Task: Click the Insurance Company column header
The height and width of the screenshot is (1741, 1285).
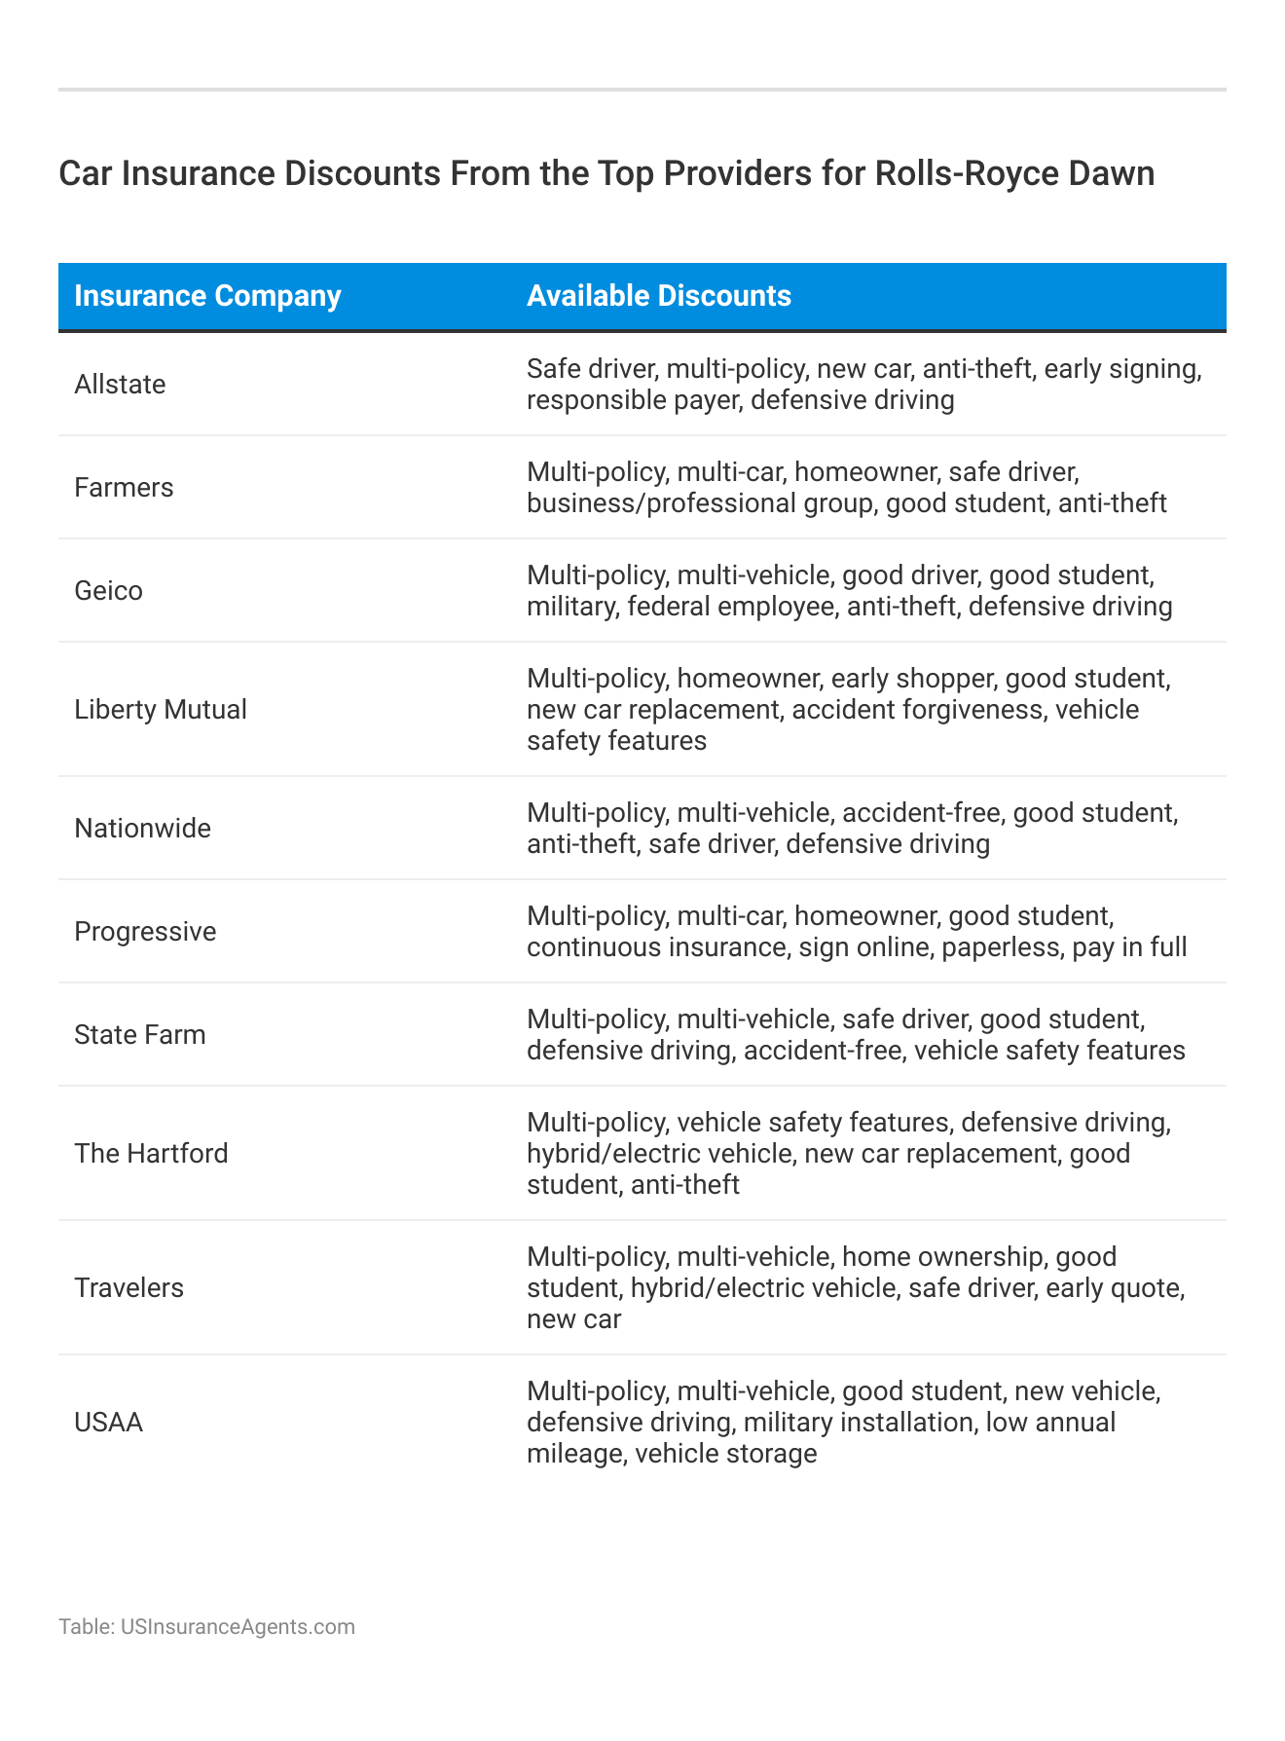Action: click(207, 296)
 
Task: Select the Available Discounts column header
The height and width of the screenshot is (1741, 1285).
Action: click(658, 296)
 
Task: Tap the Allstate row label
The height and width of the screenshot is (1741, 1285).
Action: click(120, 385)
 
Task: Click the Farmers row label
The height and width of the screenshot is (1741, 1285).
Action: click(124, 488)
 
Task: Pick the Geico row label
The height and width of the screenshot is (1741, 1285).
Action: click(108, 591)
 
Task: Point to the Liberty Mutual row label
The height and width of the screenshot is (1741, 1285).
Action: click(161, 710)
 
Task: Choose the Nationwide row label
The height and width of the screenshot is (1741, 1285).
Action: click(142, 829)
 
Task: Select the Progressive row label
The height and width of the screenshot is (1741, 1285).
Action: click(145, 932)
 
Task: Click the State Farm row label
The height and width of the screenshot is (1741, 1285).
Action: click(140, 1035)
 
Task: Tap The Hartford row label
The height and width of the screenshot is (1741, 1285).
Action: click(151, 1154)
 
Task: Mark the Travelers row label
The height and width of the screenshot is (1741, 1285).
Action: click(128, 1288)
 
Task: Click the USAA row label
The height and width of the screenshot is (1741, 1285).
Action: click(108, 1423)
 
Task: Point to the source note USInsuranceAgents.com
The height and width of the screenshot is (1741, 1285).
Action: click(238, 1627)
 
